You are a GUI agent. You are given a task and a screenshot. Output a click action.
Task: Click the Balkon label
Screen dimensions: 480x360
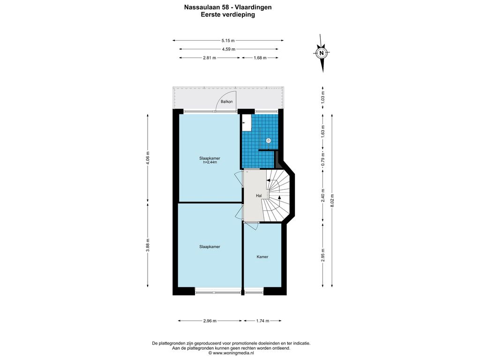click(226, 102)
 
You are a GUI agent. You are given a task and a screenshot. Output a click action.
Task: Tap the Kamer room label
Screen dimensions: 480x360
click(262, 257)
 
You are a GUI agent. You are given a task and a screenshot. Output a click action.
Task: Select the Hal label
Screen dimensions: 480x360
click(259, 195)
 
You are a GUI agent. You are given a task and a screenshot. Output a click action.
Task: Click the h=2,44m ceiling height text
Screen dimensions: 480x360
click(210, 162)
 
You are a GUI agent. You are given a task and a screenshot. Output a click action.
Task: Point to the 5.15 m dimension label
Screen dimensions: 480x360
click(228, 40)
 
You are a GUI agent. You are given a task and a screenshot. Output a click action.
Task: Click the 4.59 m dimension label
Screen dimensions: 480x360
click(229, 49)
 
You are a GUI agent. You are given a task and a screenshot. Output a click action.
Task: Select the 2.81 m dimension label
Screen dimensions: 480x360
click(210, 58)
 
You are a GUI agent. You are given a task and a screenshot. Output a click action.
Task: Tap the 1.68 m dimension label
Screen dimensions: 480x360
click(260, 58)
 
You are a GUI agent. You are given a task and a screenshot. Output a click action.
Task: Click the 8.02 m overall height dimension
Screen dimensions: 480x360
click(332, 201)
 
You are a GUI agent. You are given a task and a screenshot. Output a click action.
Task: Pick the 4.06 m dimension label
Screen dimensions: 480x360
click(148, 158)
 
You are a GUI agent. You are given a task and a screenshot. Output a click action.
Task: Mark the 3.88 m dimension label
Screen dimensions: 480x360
click(148, 245)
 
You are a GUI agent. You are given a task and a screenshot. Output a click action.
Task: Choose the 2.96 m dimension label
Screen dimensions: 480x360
click(210, 321)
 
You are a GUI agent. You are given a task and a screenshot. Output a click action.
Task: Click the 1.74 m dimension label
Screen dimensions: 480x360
click(262, 321)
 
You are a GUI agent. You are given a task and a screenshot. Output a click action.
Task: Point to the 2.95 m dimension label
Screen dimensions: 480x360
click(322, 255)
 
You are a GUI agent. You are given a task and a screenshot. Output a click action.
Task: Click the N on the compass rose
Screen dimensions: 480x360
click(322, 53)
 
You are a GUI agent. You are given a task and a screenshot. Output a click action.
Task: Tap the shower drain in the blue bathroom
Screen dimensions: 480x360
click(269, 141)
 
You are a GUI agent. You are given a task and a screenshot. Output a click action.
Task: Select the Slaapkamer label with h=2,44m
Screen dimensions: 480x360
click(210, 158)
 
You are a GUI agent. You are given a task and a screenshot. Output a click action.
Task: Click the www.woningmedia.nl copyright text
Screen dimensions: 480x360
click(232, 353)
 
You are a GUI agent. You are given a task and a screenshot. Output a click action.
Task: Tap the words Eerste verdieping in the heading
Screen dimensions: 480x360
click(228, 15)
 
